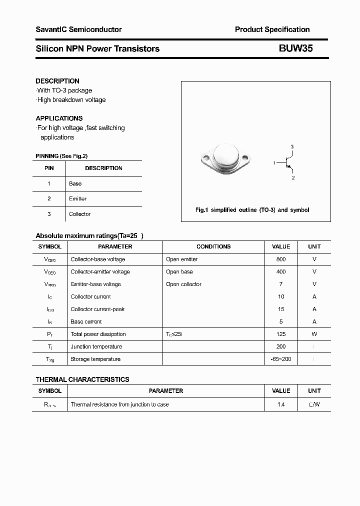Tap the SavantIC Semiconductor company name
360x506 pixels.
[78, 29]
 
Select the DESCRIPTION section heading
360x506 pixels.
[57, 81]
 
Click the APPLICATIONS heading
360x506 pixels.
[59, 118]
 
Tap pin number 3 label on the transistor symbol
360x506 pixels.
[292, 146]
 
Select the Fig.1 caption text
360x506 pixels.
[252, 210]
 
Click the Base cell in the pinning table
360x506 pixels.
[75, 183]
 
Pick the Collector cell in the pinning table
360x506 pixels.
[80, 214]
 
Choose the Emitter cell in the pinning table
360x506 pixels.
[78, 198]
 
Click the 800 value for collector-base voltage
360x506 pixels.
[281, 259]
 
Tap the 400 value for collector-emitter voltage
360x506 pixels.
[281, 272]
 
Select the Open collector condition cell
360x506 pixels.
[184, 284]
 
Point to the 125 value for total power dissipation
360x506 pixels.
[281, 334]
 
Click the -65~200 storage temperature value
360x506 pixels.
[281, 359]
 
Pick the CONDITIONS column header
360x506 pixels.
[213, 246]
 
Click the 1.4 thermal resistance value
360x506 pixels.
[281, 404]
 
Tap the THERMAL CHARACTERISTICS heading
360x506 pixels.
[82, 379]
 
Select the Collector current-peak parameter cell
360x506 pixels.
[97, 309]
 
